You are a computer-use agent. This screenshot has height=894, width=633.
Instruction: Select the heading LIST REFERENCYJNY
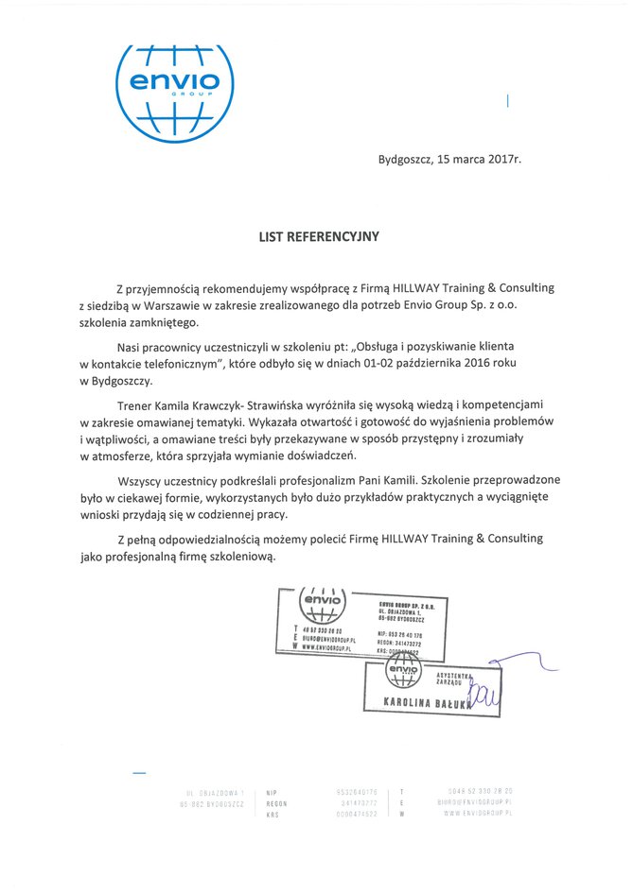(x=319, y=237)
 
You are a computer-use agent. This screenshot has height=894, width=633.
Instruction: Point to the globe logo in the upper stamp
(x=322, y=601)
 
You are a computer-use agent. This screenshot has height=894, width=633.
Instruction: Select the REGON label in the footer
(x=276, y=802)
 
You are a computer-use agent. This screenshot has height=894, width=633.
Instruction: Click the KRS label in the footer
(x=273, y=814)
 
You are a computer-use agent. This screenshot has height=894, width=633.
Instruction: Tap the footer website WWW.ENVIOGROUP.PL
(x=476, y=814)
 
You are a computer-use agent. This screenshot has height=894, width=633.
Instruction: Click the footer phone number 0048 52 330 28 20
(x=480, y=791)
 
